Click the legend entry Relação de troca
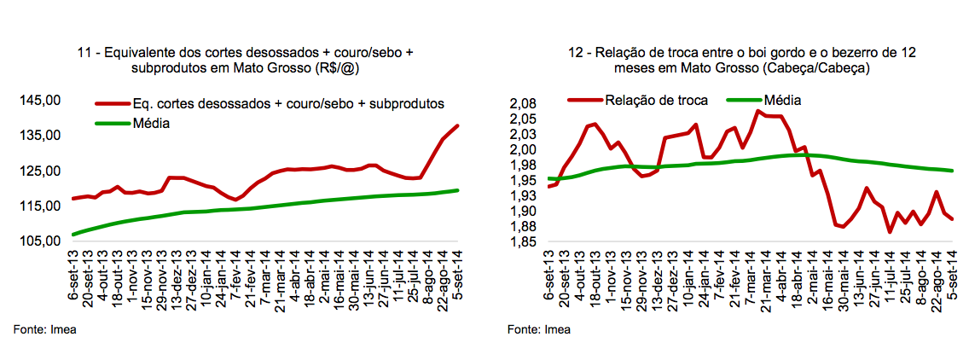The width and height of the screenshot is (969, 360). [656, 100]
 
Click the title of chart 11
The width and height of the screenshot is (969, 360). [245, 60]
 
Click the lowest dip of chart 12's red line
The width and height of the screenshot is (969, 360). [890, 231]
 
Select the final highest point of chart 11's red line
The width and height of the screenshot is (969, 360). [458, 126]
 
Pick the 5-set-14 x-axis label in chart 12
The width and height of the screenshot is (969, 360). [952, 273]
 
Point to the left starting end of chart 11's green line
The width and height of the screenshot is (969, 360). [73, 234]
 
